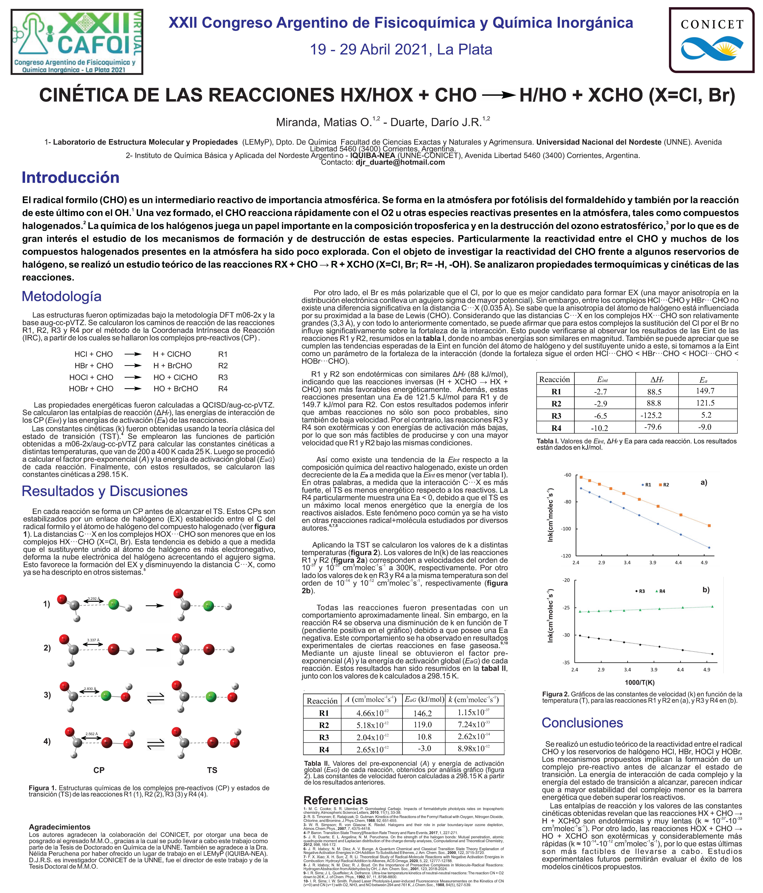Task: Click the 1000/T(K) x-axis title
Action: point(640,682)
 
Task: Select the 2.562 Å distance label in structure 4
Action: point(91,734)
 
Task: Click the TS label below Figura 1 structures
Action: point(212,770)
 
